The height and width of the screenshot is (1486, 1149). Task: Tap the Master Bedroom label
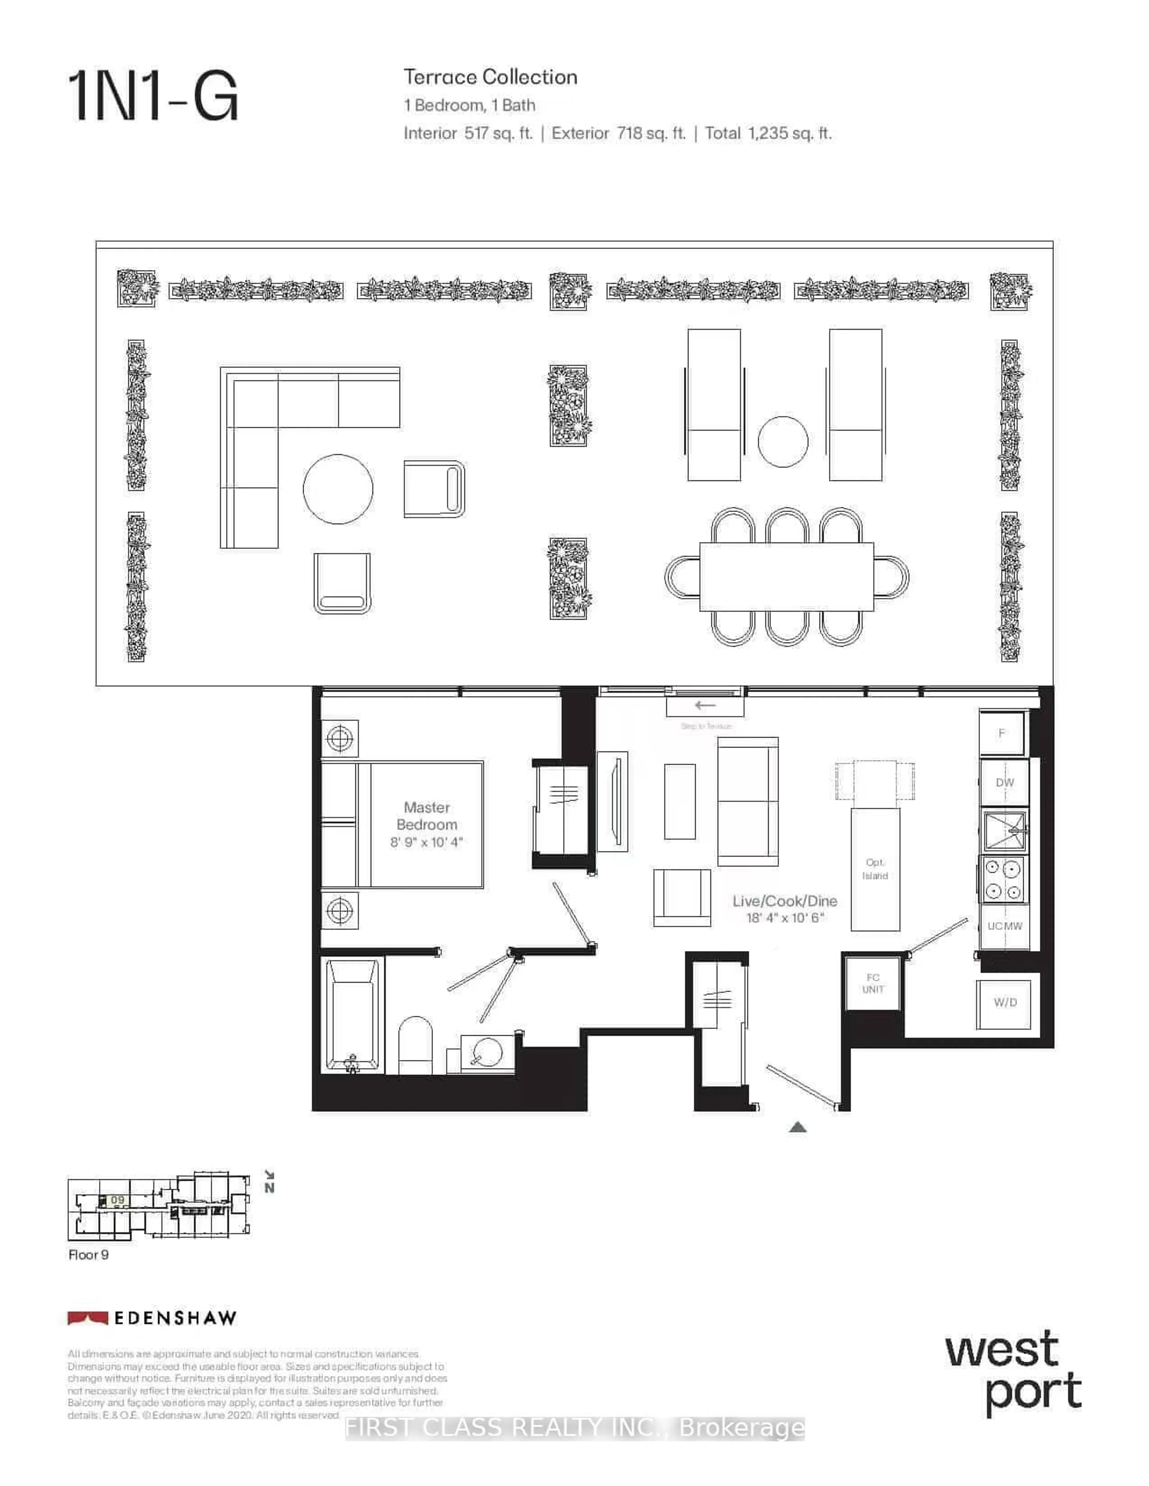click(427, 816)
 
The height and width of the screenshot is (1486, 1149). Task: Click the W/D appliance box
click(1004, 1003)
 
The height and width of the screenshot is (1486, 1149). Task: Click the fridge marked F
click(1001, 733)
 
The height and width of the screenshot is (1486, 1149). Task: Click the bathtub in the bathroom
click(352, 1014)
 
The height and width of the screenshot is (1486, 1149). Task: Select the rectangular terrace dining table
click(786, 576)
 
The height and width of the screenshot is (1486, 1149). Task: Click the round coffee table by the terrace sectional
click(338, 489)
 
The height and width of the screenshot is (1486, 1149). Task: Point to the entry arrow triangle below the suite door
click(798, 1127)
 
